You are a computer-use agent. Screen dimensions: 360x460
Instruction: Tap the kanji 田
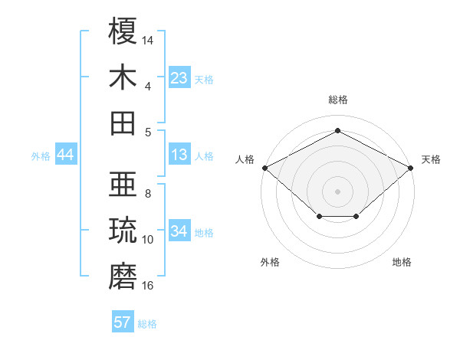123,123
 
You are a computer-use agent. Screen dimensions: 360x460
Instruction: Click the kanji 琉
123,231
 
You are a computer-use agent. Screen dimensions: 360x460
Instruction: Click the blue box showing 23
179,78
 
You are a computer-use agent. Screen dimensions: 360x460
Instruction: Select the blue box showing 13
179,155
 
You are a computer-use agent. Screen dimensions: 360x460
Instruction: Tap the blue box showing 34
179,232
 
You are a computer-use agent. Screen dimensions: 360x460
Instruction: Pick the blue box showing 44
66,155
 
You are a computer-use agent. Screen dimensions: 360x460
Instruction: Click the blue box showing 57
123,322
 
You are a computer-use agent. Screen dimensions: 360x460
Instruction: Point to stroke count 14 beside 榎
148,40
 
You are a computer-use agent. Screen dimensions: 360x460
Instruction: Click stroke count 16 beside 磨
148,286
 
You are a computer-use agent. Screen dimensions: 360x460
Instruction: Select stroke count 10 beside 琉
148,240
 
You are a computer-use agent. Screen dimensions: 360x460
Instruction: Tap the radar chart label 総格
338,100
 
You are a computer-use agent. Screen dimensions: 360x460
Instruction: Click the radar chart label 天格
431,159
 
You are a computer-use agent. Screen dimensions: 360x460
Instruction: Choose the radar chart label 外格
270,262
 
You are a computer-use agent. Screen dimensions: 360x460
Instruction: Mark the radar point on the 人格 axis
264,168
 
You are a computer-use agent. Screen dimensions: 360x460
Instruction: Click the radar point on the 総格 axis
337,131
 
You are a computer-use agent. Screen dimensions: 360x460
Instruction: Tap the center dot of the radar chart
337,191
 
